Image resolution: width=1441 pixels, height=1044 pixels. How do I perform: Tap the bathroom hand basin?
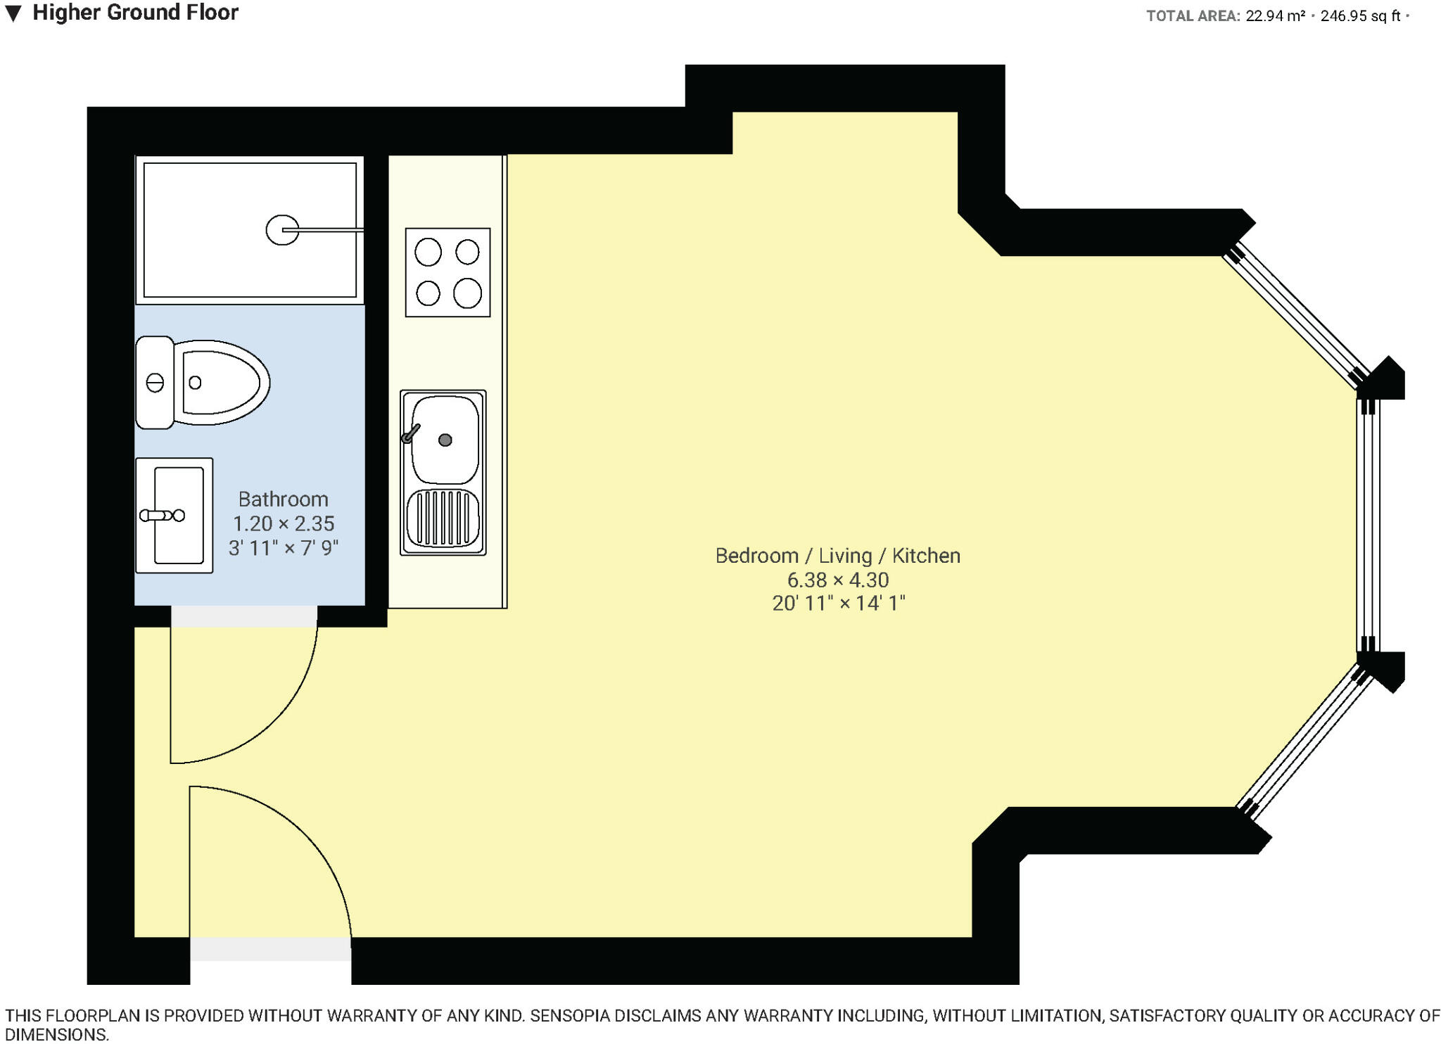tap(174, 516)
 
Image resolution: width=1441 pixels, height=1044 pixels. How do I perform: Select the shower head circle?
tap(281, 230)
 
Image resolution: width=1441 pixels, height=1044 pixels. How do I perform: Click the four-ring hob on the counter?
tap(447, 272)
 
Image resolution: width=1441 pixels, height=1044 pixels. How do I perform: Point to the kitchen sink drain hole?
tap(445, 440)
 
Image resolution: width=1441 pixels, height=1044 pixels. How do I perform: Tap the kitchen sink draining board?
tap(443, 518)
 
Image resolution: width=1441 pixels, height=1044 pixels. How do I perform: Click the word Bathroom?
tap(283, 499)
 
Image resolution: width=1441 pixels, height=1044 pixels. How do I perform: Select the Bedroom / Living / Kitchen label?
tap(837, 556)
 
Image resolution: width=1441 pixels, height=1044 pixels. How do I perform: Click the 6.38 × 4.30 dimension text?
tap(837, 580)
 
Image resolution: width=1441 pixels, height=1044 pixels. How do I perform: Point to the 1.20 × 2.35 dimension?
tap(283, 523)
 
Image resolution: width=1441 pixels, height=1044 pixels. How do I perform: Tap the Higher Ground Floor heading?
tap(135, 13)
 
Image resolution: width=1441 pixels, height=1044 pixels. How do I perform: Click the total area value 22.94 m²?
tap(1275, 15)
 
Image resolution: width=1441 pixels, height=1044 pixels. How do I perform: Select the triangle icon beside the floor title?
tap(13, 13)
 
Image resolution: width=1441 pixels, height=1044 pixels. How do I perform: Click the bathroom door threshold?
tap(244, 616)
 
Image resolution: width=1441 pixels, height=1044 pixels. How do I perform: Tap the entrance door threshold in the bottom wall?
tap(270, 949)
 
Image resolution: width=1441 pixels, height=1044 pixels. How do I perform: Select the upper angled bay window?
tap(1296, 317)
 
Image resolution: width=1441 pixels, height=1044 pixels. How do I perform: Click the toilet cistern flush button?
tap(155, 383)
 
